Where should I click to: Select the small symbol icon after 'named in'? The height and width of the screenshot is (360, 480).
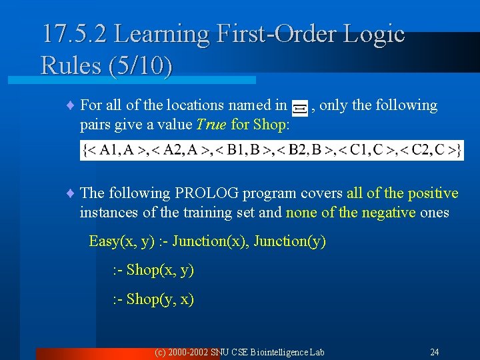pyautogui.click(x=299, y=107)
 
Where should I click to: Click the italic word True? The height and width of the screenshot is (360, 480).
pyautogui.click(x=210, y=124)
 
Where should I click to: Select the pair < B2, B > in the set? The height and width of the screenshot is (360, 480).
pyautogui.click(x=297, y=150)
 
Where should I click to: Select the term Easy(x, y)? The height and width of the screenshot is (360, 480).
pyautogui.click(x=122, y=241)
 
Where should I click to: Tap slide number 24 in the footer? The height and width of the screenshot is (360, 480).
pyautogui.click(x=434, y=352)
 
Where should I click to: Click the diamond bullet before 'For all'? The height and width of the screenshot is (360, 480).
pyautogui.click(x=71, y=106)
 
